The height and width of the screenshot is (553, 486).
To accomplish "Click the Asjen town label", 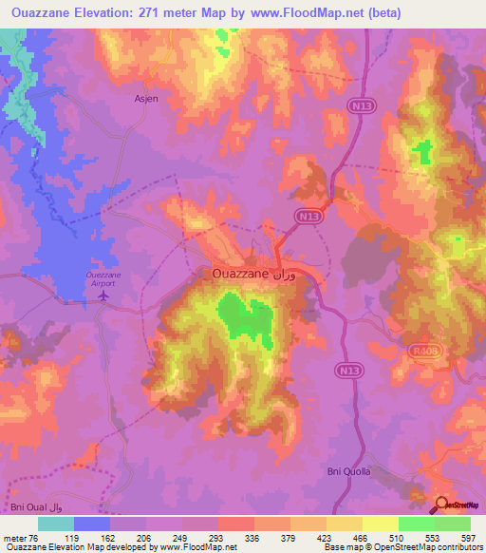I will tap(146, 97).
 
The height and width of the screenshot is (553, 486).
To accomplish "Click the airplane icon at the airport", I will tap(103, 296).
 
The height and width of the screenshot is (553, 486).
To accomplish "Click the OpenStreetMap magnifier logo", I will tap(443, 505).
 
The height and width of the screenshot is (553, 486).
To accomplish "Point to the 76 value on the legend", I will tap(27, 538).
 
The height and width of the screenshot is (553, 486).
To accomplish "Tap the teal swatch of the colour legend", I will tap(55, 524).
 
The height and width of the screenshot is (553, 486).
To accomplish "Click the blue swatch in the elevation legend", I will tap(91, 524).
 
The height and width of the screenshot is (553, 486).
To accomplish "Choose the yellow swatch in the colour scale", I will tap(380, 524).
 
